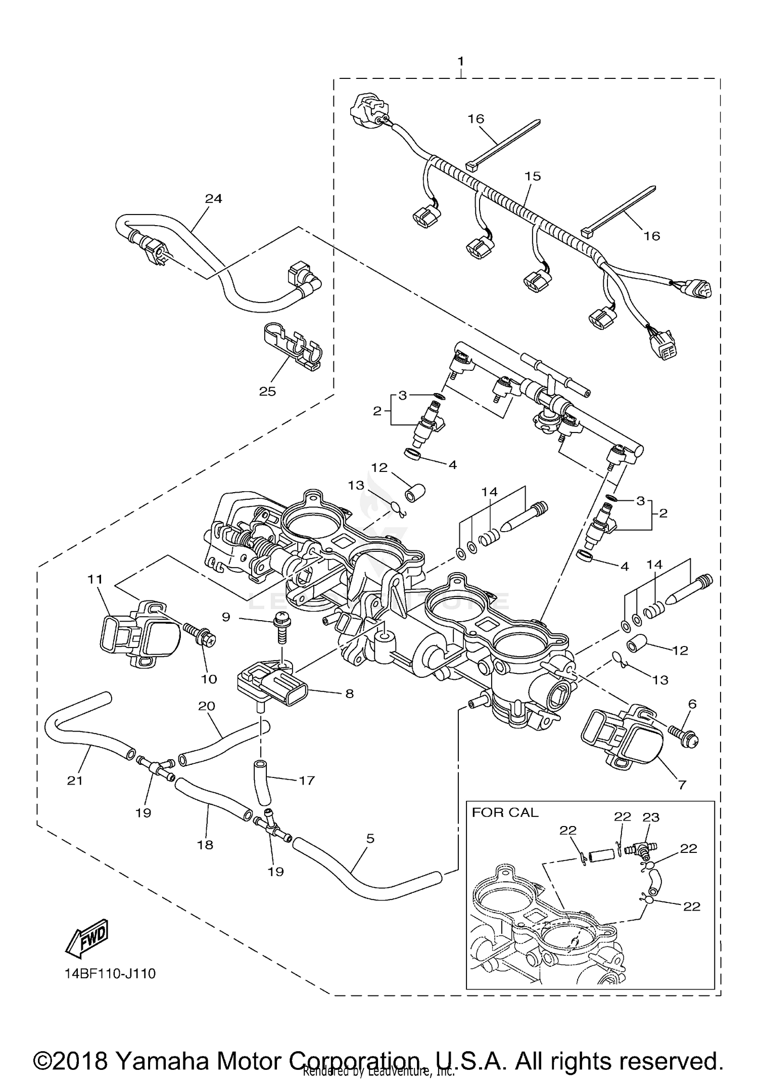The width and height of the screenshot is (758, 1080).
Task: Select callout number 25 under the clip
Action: (x=267, y=391)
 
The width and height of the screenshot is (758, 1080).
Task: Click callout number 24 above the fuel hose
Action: (x=213, y=199)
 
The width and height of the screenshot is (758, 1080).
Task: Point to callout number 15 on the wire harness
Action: (x=533, y=176)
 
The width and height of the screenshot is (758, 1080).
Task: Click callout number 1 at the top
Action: (x=460, y=61)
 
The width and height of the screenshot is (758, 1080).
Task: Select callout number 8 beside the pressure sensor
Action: (x=349, y=694)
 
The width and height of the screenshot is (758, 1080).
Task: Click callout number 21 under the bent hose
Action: (x=74, y=781)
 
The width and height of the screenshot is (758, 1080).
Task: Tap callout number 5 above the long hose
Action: (x=370, y=838)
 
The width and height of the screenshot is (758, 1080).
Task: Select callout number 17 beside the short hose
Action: (x=307, y=781)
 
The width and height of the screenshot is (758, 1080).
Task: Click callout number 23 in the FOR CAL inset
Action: (x=651, y=817)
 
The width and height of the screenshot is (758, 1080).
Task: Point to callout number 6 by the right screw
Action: (x=692, y=704)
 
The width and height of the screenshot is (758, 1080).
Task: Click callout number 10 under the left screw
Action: (x=209, y=679)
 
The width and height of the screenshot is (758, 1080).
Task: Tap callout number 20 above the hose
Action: (x=207, y=706)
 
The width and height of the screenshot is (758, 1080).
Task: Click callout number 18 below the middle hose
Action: (x=205, y=844)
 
